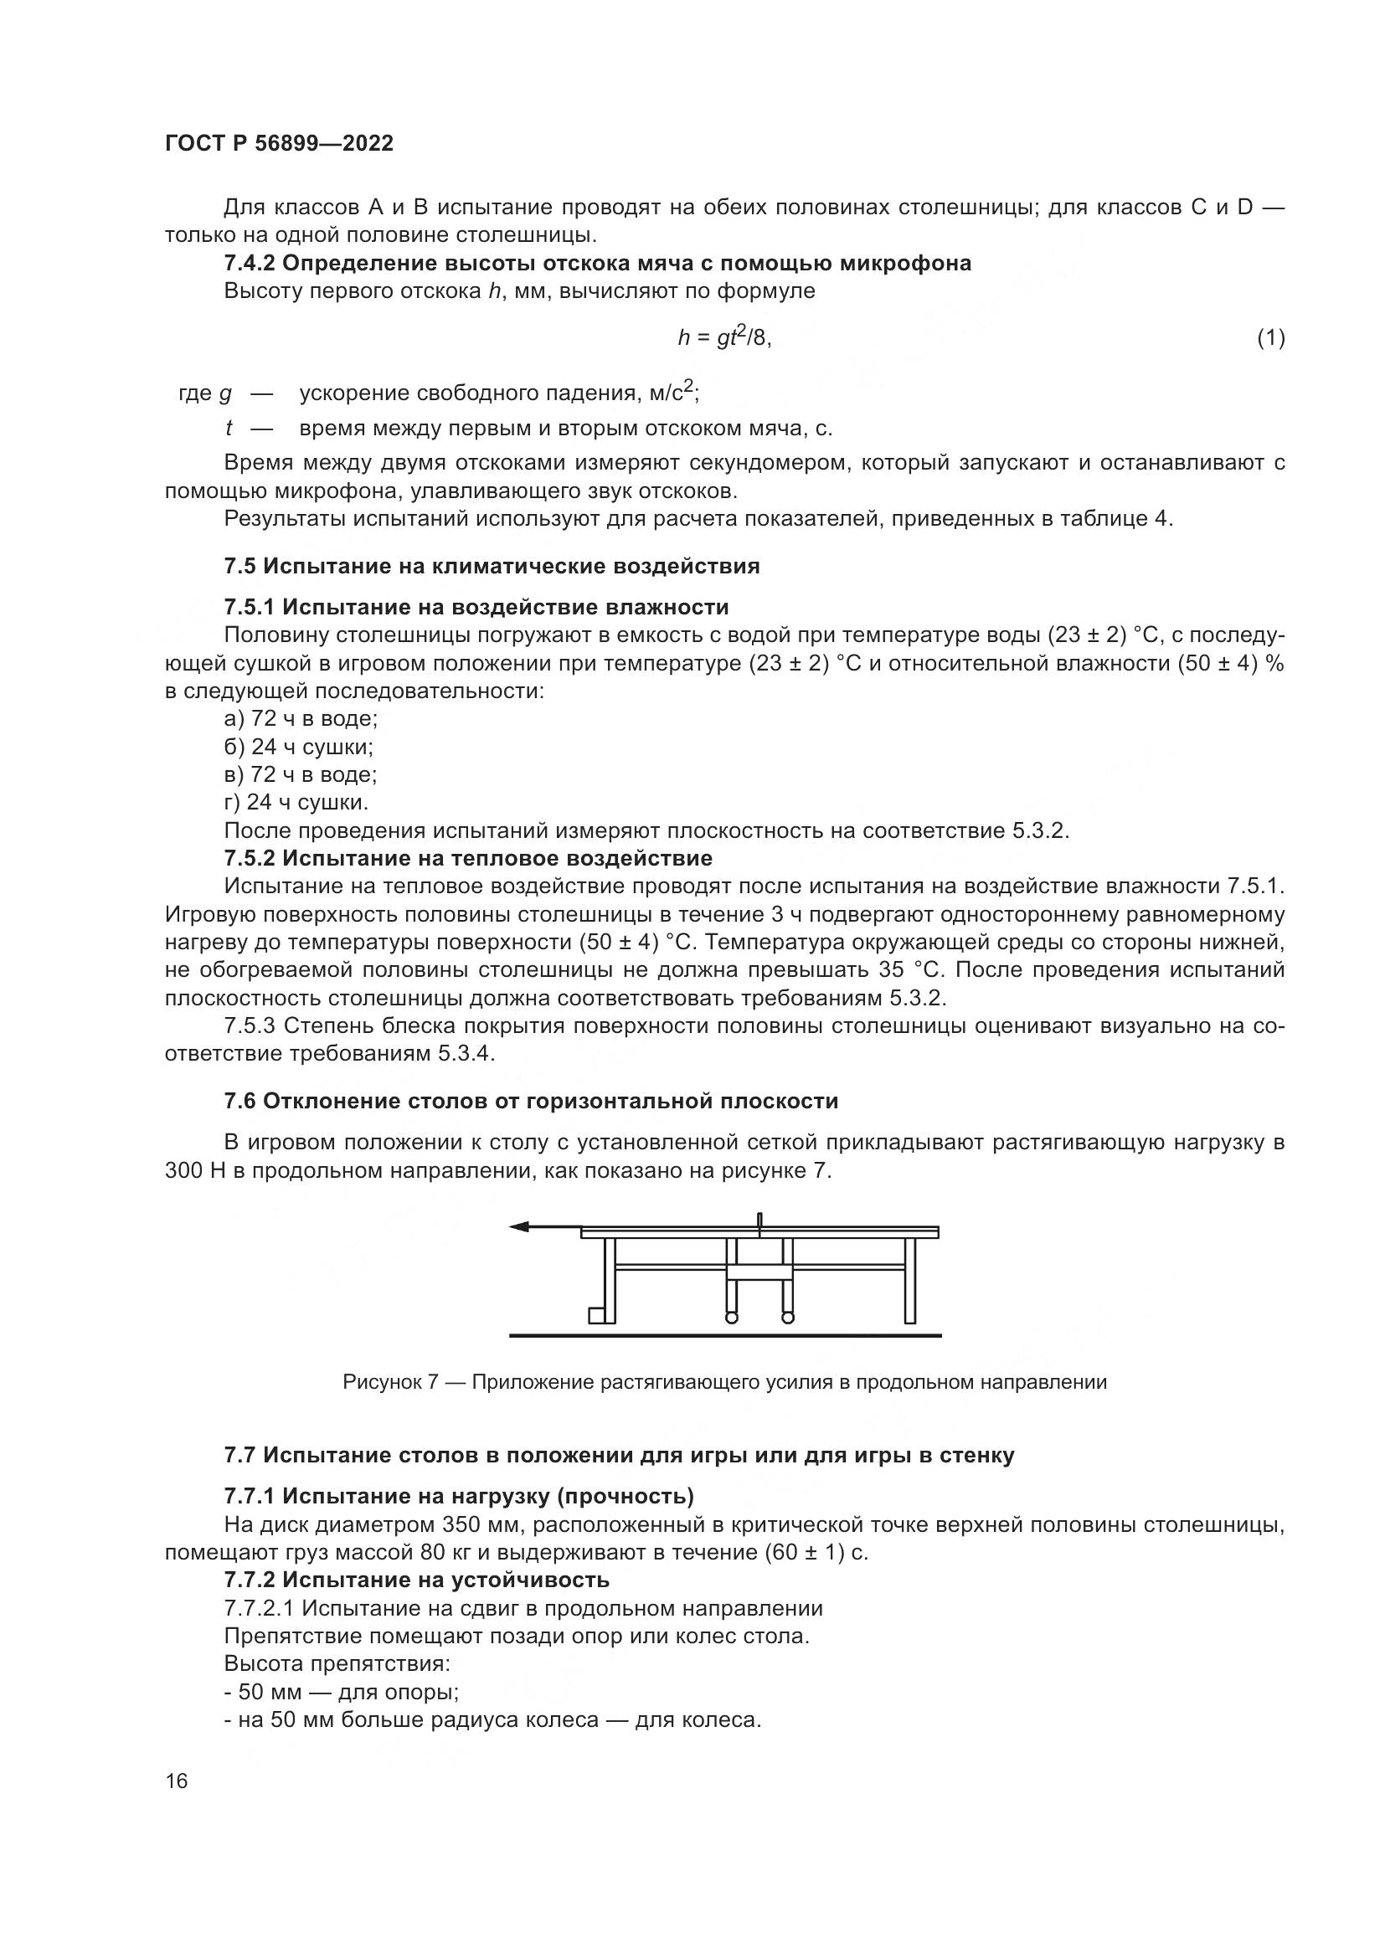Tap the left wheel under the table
(x=731, y=1318)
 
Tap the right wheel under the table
(x=787, y=1318)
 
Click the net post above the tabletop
(x=759, y=1220)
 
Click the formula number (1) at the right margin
(x=1270, y=338)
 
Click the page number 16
(x=177, y=1781)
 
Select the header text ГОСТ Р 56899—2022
(x=279, y=143)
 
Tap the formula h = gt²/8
(x=724, y=337)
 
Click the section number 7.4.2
(x=249, y=264)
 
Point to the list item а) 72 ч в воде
(x=301, y=718)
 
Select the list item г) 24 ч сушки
(x=296, y=803)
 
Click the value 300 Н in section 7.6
(x=194, y=1171)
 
